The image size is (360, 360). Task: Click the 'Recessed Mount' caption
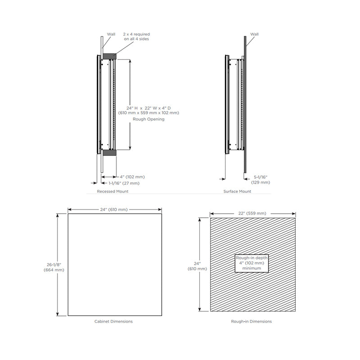tap(112, 191)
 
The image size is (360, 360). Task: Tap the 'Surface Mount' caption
tap(237, 191)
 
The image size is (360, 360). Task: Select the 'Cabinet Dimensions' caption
tap(113, 321)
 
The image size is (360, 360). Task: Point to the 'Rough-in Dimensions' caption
tap(251, 321)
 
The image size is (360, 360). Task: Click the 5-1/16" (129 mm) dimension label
tap(261, 180)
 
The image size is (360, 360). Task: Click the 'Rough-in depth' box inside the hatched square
tap(251, 263)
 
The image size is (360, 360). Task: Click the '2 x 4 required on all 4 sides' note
tap(136, 36)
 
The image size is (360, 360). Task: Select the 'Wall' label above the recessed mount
tap(111, 34)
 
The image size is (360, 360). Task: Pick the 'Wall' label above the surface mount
tap(255, 34)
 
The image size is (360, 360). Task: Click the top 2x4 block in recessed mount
tap(109, 56)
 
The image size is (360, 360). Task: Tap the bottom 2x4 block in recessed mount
tap(109, 153)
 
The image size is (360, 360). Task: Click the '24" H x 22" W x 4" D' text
tap(148, 108)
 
